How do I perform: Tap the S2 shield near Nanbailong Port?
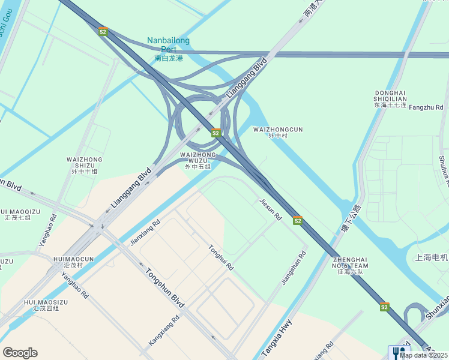(x=103, y=32)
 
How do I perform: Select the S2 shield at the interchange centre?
(x=215, y=132)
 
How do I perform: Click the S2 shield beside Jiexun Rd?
(x=297, y=221)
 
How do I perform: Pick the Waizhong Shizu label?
(x=84, y=163)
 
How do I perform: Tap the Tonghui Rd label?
(x=220, y=257)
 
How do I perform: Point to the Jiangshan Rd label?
(x=294, y=268)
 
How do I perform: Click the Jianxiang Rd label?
(x=145, y=233)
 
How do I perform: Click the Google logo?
(x=20, y=353)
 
